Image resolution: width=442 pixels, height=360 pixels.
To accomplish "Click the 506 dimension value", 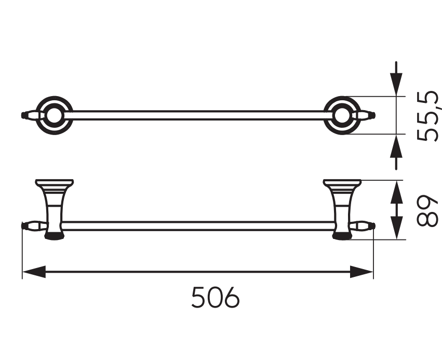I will click(216, 298).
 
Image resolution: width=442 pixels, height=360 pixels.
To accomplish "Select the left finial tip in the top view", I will click(23, 115).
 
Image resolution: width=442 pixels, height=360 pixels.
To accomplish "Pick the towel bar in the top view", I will click(197, 115).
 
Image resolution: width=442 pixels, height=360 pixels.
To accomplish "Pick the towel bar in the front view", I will click(197, 225).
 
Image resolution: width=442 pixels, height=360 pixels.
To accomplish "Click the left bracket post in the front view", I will click(53, 210).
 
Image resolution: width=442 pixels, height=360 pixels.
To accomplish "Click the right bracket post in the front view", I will click(342, 210).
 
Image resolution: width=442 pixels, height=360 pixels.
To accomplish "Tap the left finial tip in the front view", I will click(23, 225).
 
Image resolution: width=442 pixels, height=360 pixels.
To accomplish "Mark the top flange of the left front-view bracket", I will click(54, 183).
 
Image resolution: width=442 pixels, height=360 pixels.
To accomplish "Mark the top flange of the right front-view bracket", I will click(342, 183).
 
